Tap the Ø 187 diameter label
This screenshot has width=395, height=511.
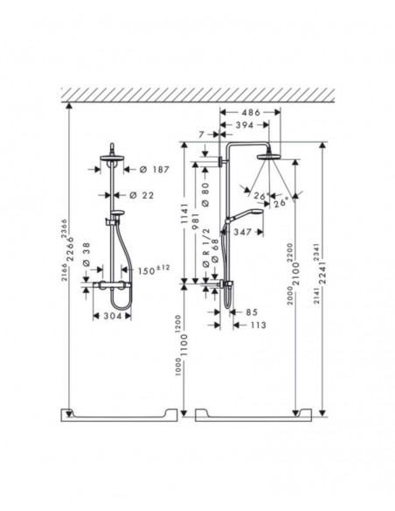click(146, 170)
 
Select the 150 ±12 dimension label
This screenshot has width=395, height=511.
click(156, 270)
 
